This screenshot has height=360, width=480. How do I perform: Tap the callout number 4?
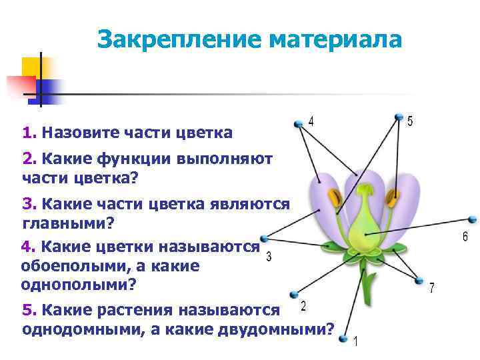click(x=311, y=121)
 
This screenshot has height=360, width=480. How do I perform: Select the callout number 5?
click(x=410, y=121)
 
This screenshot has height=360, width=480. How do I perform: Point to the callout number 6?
click(x=465, y=237)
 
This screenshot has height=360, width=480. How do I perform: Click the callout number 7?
click(x=432, y=288)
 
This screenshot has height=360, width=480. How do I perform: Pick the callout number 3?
click(x=268, y=257)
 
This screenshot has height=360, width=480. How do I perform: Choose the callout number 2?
click(x=303, y=306)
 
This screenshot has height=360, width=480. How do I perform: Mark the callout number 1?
click(x=356, y=342)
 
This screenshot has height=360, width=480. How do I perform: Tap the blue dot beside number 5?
click(x=398, y=119)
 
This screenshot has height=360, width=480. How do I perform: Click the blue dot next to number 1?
click(x=343, y=339)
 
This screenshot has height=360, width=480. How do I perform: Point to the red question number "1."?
click(x=29, y=133)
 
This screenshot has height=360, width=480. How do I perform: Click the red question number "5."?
click(x=29, y=310)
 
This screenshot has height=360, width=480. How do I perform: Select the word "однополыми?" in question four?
click(x=79, y=284)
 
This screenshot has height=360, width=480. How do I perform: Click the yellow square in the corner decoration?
click(x=31, y=67)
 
